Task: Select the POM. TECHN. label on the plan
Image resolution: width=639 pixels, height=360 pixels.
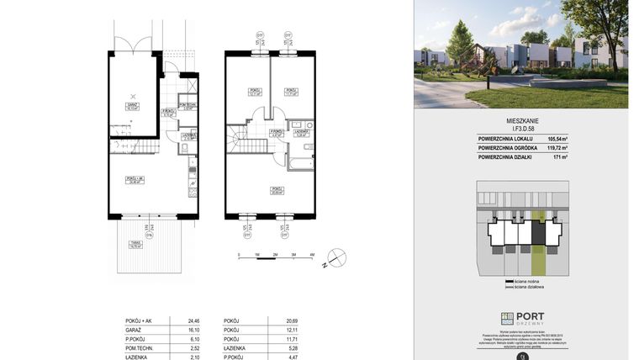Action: coord(187,103)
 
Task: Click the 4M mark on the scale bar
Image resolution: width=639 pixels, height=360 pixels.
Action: coord(312,254)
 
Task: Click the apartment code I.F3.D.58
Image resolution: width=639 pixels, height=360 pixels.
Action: coord(522,129)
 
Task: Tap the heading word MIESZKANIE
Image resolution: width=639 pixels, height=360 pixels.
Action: coord(521,121)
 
